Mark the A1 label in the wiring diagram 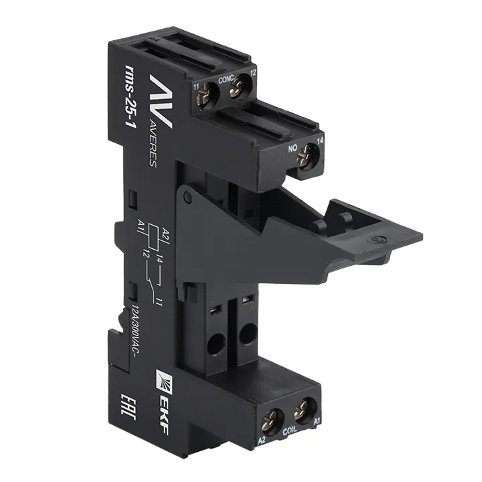pos(141,224)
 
